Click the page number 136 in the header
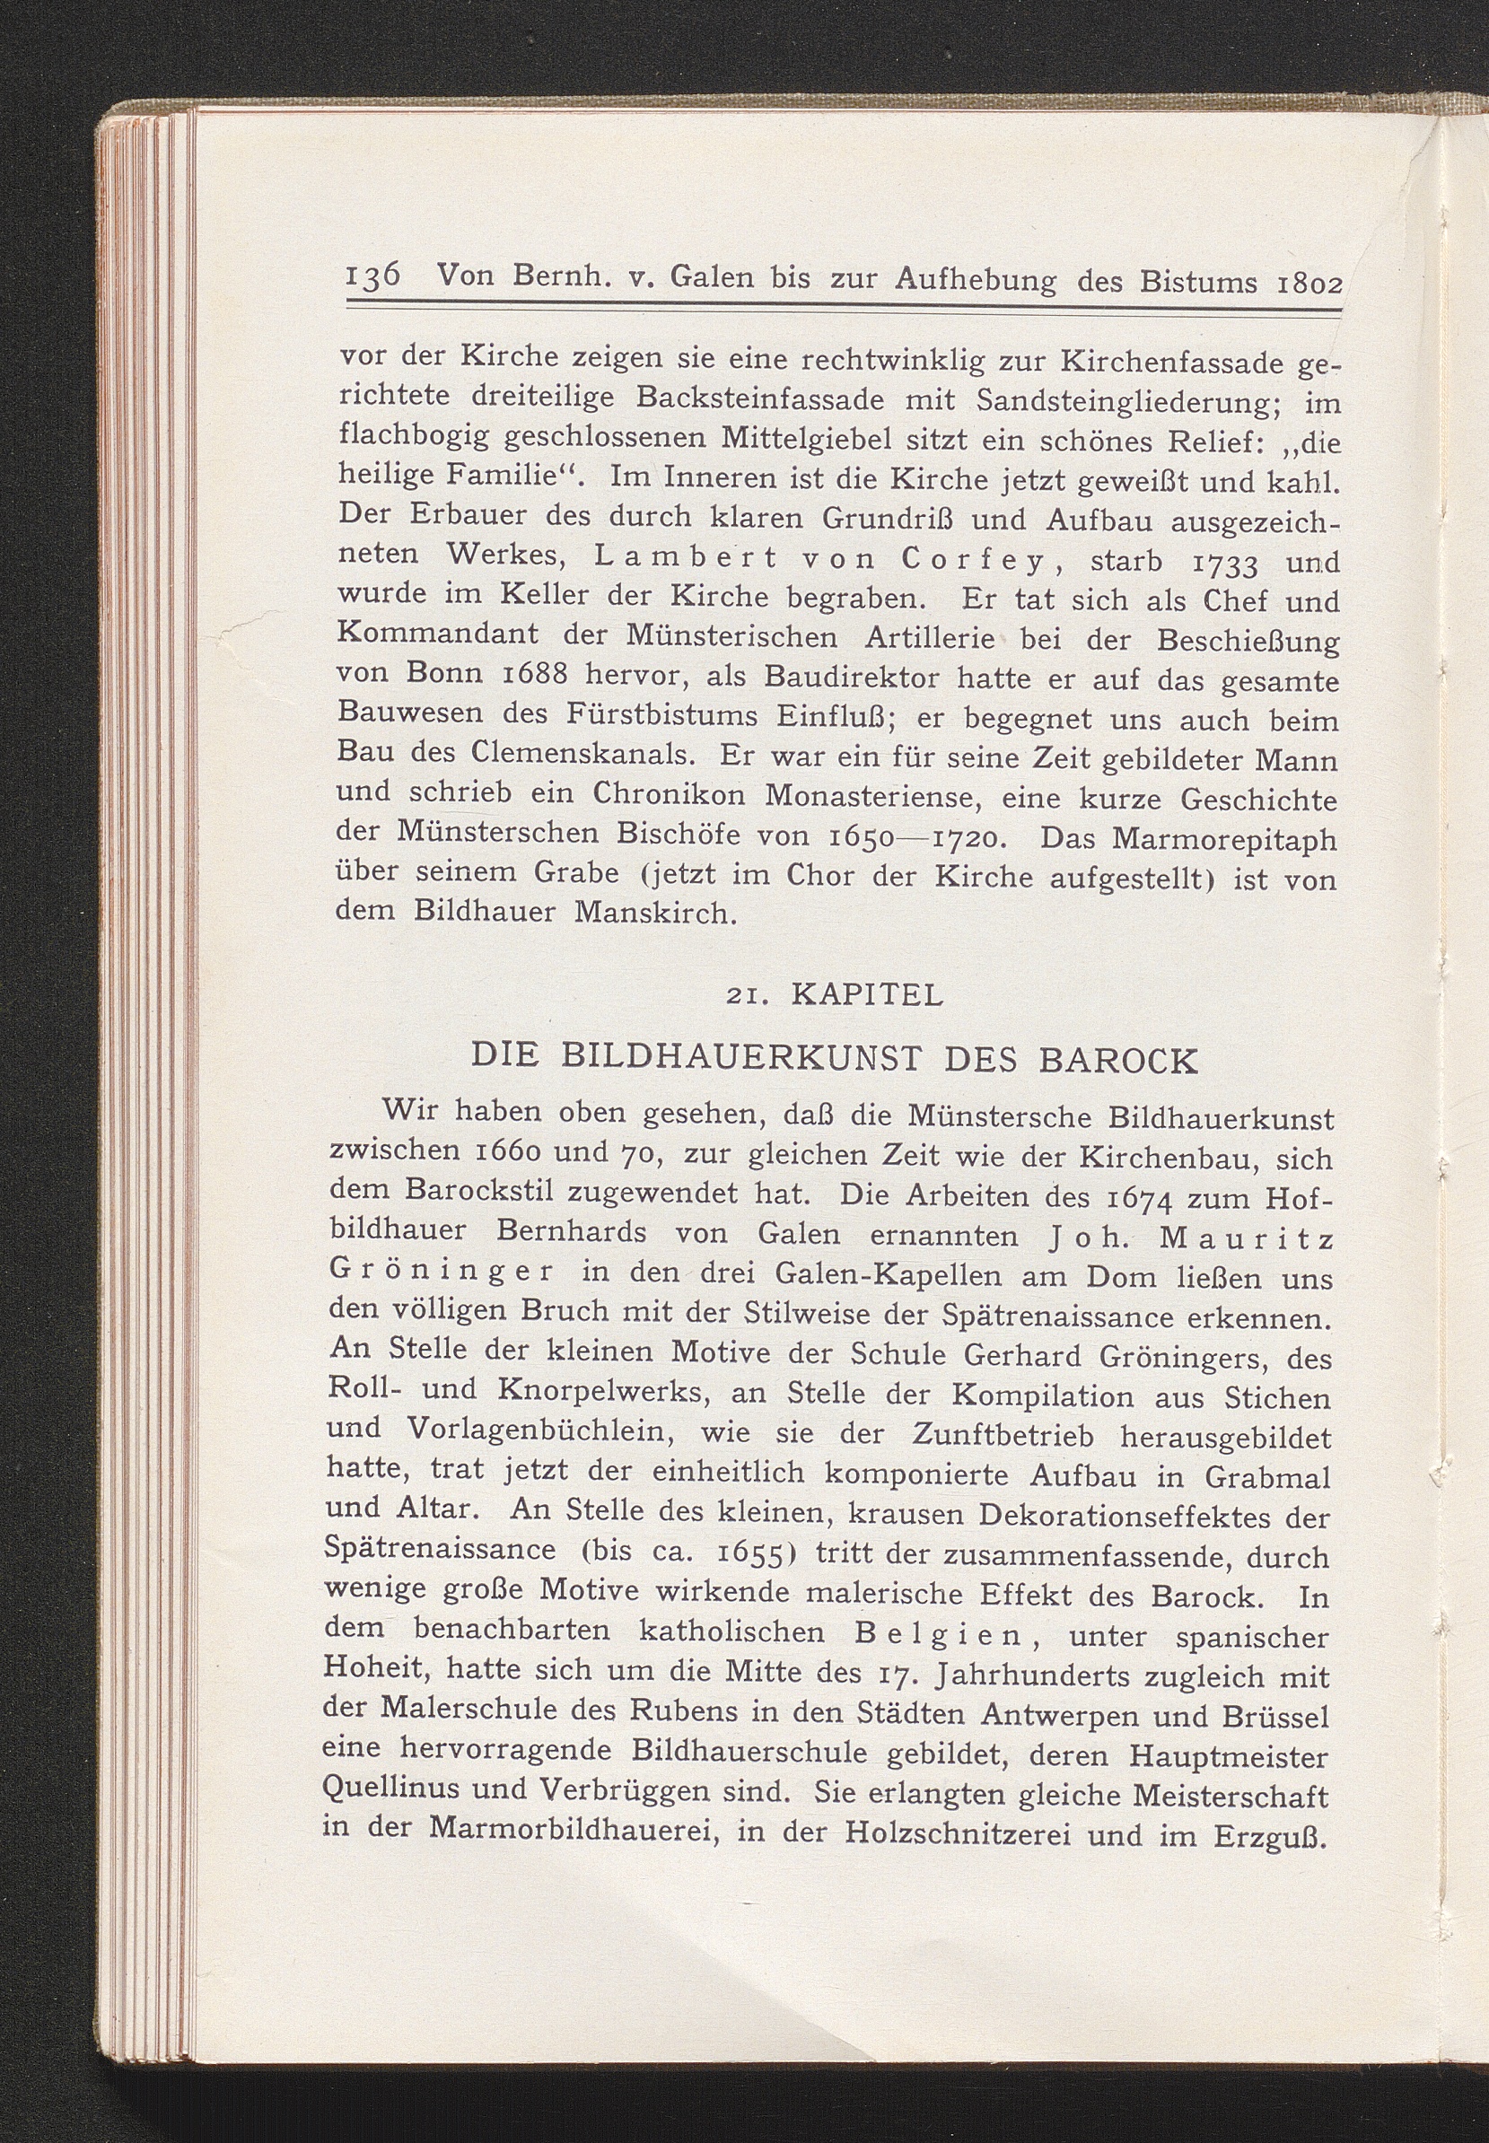point(373,277)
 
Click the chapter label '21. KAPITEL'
point(835,996)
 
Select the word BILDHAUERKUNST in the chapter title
point(742,1058)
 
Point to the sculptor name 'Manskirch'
point(655,911)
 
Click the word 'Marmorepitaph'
point(1225,840)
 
